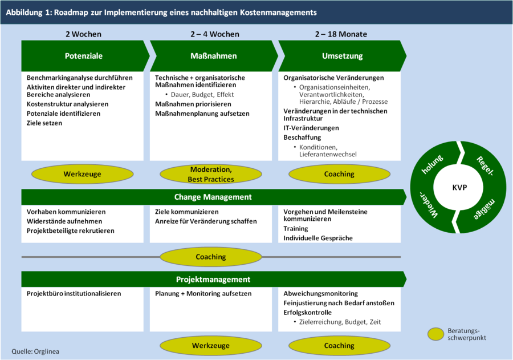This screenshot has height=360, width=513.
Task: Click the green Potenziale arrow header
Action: [x=84, y=56]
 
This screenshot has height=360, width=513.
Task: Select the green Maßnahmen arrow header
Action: [x=213, y=56]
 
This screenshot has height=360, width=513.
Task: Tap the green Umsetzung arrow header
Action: [x=342, y=56]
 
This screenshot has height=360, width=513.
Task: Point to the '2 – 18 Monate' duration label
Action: [x=341, y=34]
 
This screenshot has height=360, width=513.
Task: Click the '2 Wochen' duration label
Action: [x=83, y=34]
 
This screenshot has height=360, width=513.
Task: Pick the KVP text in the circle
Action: [x=459, y=188]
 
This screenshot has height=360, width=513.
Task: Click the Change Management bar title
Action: [x=213, y=197]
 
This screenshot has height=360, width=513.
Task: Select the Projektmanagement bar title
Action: [x=213, y=280]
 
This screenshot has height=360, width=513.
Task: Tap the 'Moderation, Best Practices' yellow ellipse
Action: [x=210, y=174]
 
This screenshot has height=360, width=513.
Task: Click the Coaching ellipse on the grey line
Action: [x=210, y=257]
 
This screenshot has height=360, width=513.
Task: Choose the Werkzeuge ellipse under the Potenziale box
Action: [x=82, y=174]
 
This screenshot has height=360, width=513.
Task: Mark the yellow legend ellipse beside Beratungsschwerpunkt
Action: [x=436, y=334]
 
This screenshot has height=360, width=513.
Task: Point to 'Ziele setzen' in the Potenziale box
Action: [x=44, y=123]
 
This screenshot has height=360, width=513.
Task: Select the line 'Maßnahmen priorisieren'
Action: [x=193, y=104]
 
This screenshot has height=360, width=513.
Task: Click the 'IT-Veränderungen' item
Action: [x=311, y=128]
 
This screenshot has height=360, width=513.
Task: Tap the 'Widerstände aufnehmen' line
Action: [x=64, y=221]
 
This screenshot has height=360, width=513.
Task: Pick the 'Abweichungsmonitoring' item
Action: [x=320, y=294]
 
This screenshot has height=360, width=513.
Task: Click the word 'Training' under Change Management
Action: [x=296, y=229]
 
